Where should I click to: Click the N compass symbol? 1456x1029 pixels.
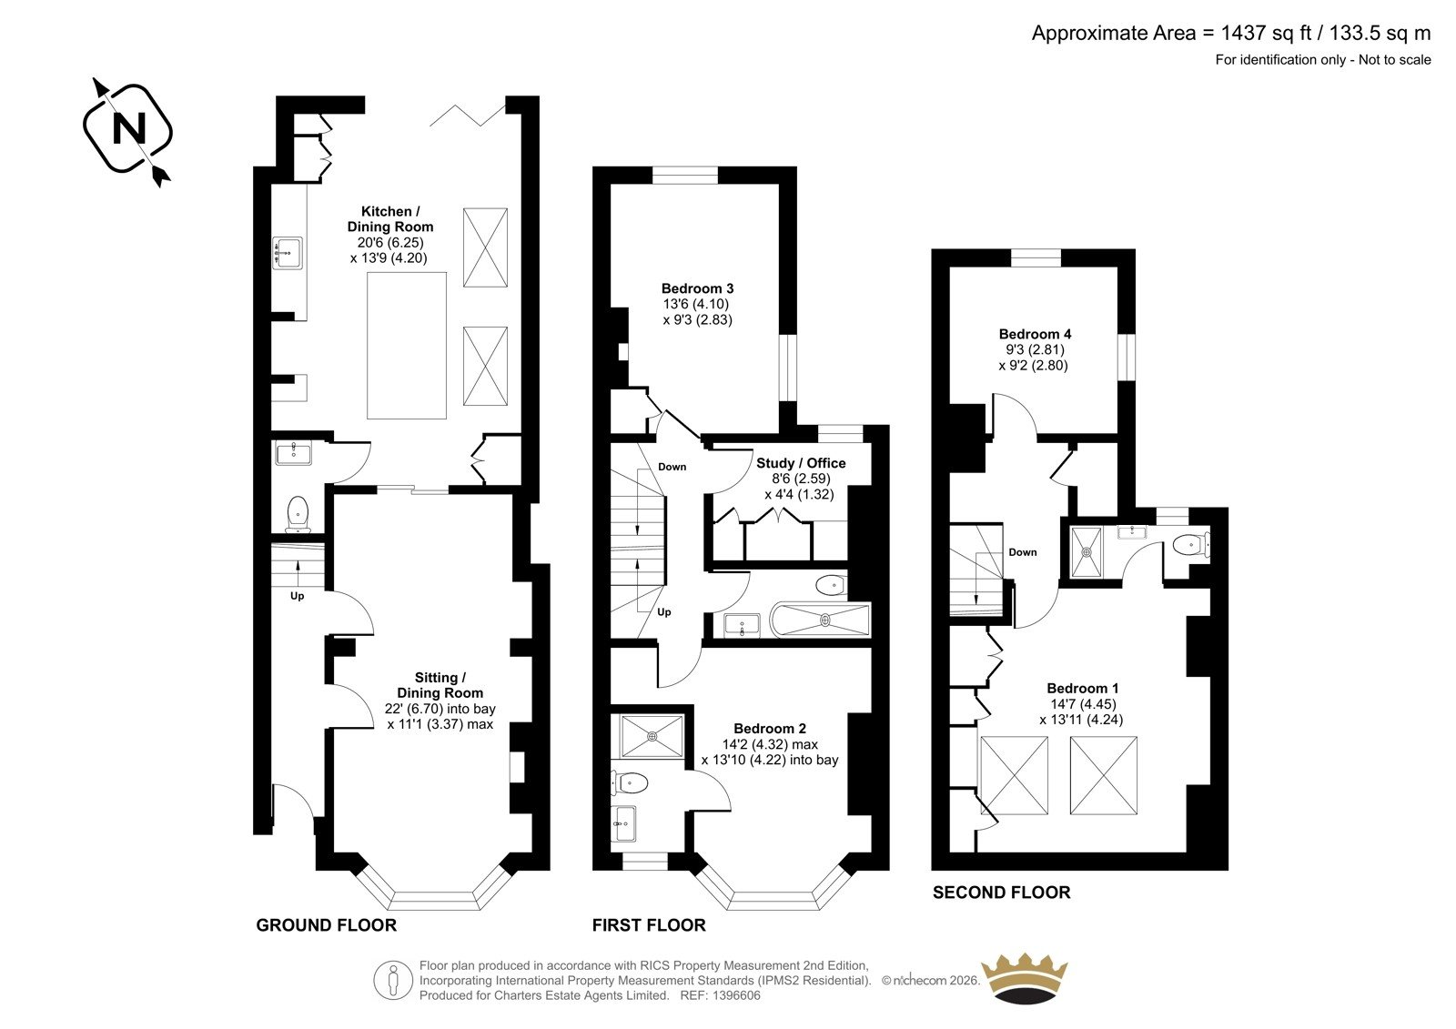point(128,130)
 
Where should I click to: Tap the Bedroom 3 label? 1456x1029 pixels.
point(697,288)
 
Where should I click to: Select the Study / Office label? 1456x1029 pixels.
point(801,463)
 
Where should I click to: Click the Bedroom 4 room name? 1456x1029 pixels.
point(1035,334)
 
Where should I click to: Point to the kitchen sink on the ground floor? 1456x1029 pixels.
point(288,252)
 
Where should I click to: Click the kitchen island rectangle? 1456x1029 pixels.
point(407,345)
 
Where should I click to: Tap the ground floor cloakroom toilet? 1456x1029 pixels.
point(298,514)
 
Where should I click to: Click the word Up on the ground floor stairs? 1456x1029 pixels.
point(297,596)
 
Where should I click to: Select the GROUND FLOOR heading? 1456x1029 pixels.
point(327,925)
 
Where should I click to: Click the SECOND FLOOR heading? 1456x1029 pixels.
point(1002,893)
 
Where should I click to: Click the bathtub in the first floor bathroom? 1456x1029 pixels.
point(820,620)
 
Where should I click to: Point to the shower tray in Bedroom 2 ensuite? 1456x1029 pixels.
point(652,736)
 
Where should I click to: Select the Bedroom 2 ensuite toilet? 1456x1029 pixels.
point(630,783)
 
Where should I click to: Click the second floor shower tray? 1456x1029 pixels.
point(1087,552)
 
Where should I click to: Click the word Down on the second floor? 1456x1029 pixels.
point(1023,552)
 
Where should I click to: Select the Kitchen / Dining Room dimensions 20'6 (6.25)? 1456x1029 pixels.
point(390,242)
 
